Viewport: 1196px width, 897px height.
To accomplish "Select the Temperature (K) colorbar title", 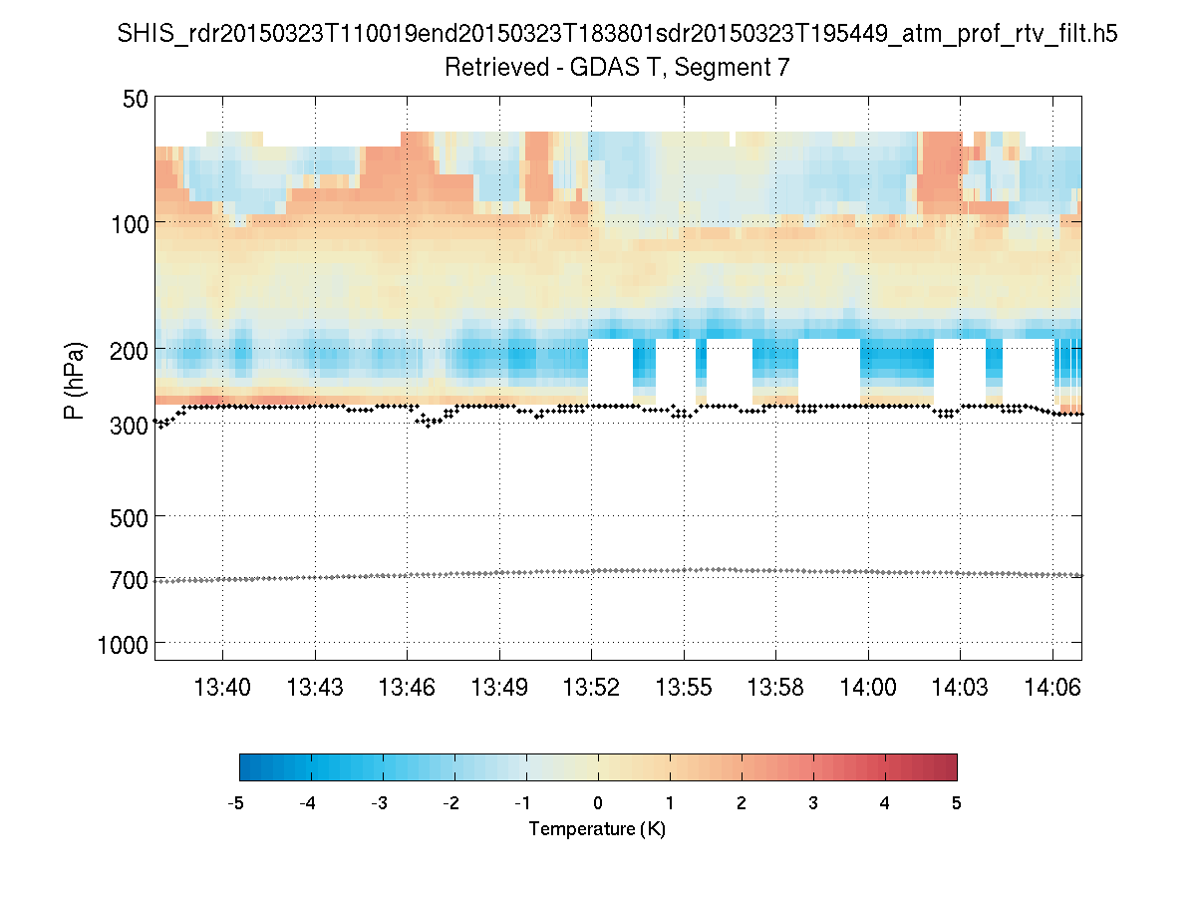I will [x=597, y=828].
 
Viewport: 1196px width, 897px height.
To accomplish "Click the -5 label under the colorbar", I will [x=236, y=803].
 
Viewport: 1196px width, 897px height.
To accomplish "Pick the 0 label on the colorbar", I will [x=598, y=803].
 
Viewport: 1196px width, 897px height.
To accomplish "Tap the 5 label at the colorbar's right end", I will [x=957, y=803].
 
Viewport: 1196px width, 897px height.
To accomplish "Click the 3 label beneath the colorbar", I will [x=813, y=803].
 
